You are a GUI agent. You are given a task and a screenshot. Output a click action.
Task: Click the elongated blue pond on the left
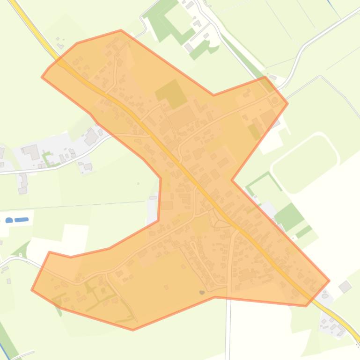coord(22,220)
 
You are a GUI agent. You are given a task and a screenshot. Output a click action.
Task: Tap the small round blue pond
coord(9,220)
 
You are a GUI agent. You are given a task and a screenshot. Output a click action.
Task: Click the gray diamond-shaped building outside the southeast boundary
coord(345,287)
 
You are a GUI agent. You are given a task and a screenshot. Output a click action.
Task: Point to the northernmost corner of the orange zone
coord(121,30)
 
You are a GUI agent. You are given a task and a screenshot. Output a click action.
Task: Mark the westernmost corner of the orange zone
coord(31,290)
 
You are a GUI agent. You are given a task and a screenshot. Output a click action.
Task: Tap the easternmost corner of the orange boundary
coord(329,281)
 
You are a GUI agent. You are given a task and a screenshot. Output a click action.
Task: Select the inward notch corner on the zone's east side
coord(231,180)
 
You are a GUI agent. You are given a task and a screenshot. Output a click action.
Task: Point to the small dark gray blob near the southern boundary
coord(202,292)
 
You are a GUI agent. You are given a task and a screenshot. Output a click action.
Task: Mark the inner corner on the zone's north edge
coord(214,95)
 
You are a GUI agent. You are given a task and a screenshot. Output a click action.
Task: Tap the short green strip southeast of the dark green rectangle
coord(304,231)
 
